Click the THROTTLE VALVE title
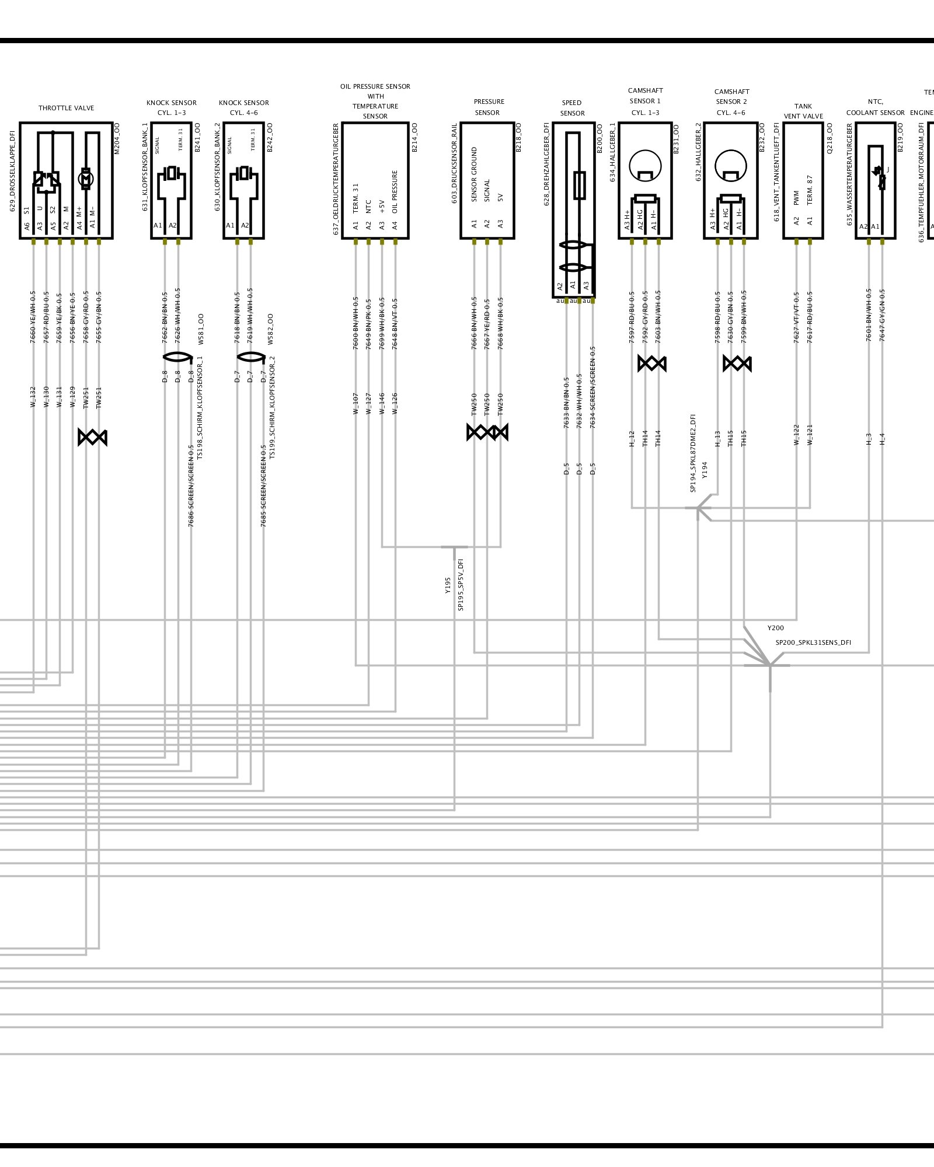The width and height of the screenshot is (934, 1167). click(x=66, y=108)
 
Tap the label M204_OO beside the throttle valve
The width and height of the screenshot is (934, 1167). click(x=116, y=138)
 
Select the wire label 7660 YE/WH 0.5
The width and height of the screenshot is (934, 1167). click(x=33, y=317)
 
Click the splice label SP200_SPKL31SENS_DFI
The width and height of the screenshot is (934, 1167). click(x=813, y=642)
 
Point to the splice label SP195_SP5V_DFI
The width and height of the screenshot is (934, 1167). click(x=461, y=585)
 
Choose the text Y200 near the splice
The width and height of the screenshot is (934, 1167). click(x=775, y=628)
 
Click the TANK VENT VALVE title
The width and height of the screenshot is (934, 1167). click(x=803, y=111)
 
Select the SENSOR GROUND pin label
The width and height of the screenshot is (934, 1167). click(x=474, y=174)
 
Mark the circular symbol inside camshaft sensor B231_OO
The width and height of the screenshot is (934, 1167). click(x=645, y=166)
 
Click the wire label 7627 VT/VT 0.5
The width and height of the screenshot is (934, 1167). click(x=796, y=317)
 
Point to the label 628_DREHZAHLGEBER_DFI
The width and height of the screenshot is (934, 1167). click(x=546, y=164)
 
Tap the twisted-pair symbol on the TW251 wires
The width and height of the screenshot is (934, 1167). click(x=92, y=437)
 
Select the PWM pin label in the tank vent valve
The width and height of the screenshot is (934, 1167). click(x=796, y=198)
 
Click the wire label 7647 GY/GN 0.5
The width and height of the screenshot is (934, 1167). click(x=882, y=315)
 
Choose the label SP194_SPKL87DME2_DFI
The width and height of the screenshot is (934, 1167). click(x=693, y=453)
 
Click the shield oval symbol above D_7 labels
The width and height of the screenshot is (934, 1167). click(x=250, y=357)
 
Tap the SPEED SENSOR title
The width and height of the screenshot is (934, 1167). click(x=572, y=108)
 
